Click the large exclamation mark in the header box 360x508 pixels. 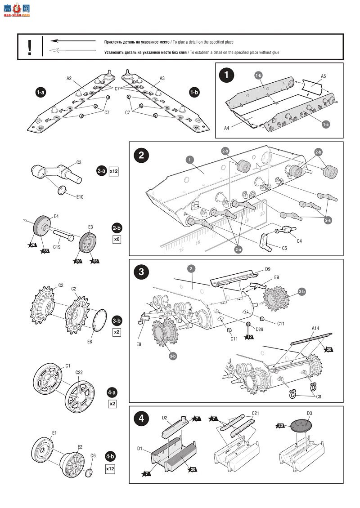point(30,46)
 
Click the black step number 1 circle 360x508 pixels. point(226,75)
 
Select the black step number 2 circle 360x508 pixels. point(141,156)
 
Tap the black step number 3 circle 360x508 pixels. point(141,272)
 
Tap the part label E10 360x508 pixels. point(80,196)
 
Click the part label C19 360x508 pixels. point(57,247)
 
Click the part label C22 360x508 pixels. point(79,372)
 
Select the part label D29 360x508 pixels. point(259,329)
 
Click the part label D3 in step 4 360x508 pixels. point(309,413)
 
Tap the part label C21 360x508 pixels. point(256,413)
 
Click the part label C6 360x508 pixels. point(93,455)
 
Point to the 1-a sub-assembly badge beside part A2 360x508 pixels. point(40,93)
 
